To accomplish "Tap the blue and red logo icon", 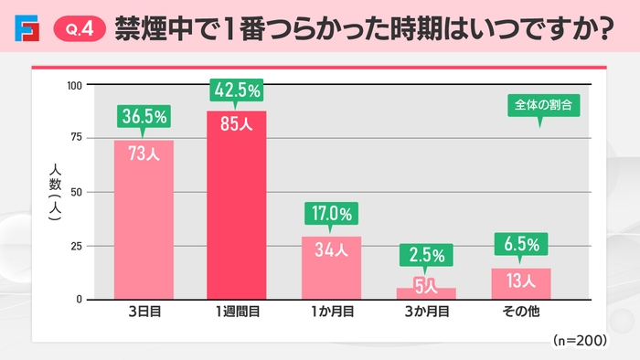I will pyautogui.click(x=27, y=31).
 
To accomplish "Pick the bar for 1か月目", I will pyautogui.click(x=331, y=270).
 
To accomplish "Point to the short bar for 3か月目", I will pyautogui.click(x=425, y=293).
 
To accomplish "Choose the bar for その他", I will pyautogui.click(x=520, y=284).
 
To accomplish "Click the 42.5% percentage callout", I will pyautogui.click(x=237, y=90).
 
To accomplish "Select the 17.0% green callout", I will pyautogui.click(x=331, y=214).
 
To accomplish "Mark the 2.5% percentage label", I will pyautogui.click(x=425, y=253).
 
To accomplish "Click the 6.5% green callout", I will pyautogui.click(x=520, y=245).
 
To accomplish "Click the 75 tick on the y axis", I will pyautogui.click(x=77, y=137).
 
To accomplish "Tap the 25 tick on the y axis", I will pyautogui.click(x=77, y=246).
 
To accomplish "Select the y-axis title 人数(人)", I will pyautogui.click(x=54, y=191).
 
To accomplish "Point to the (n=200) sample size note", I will pyautogui.click(x=580, y=339).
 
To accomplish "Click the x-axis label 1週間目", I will pyautogui.click(x=237, y=312).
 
